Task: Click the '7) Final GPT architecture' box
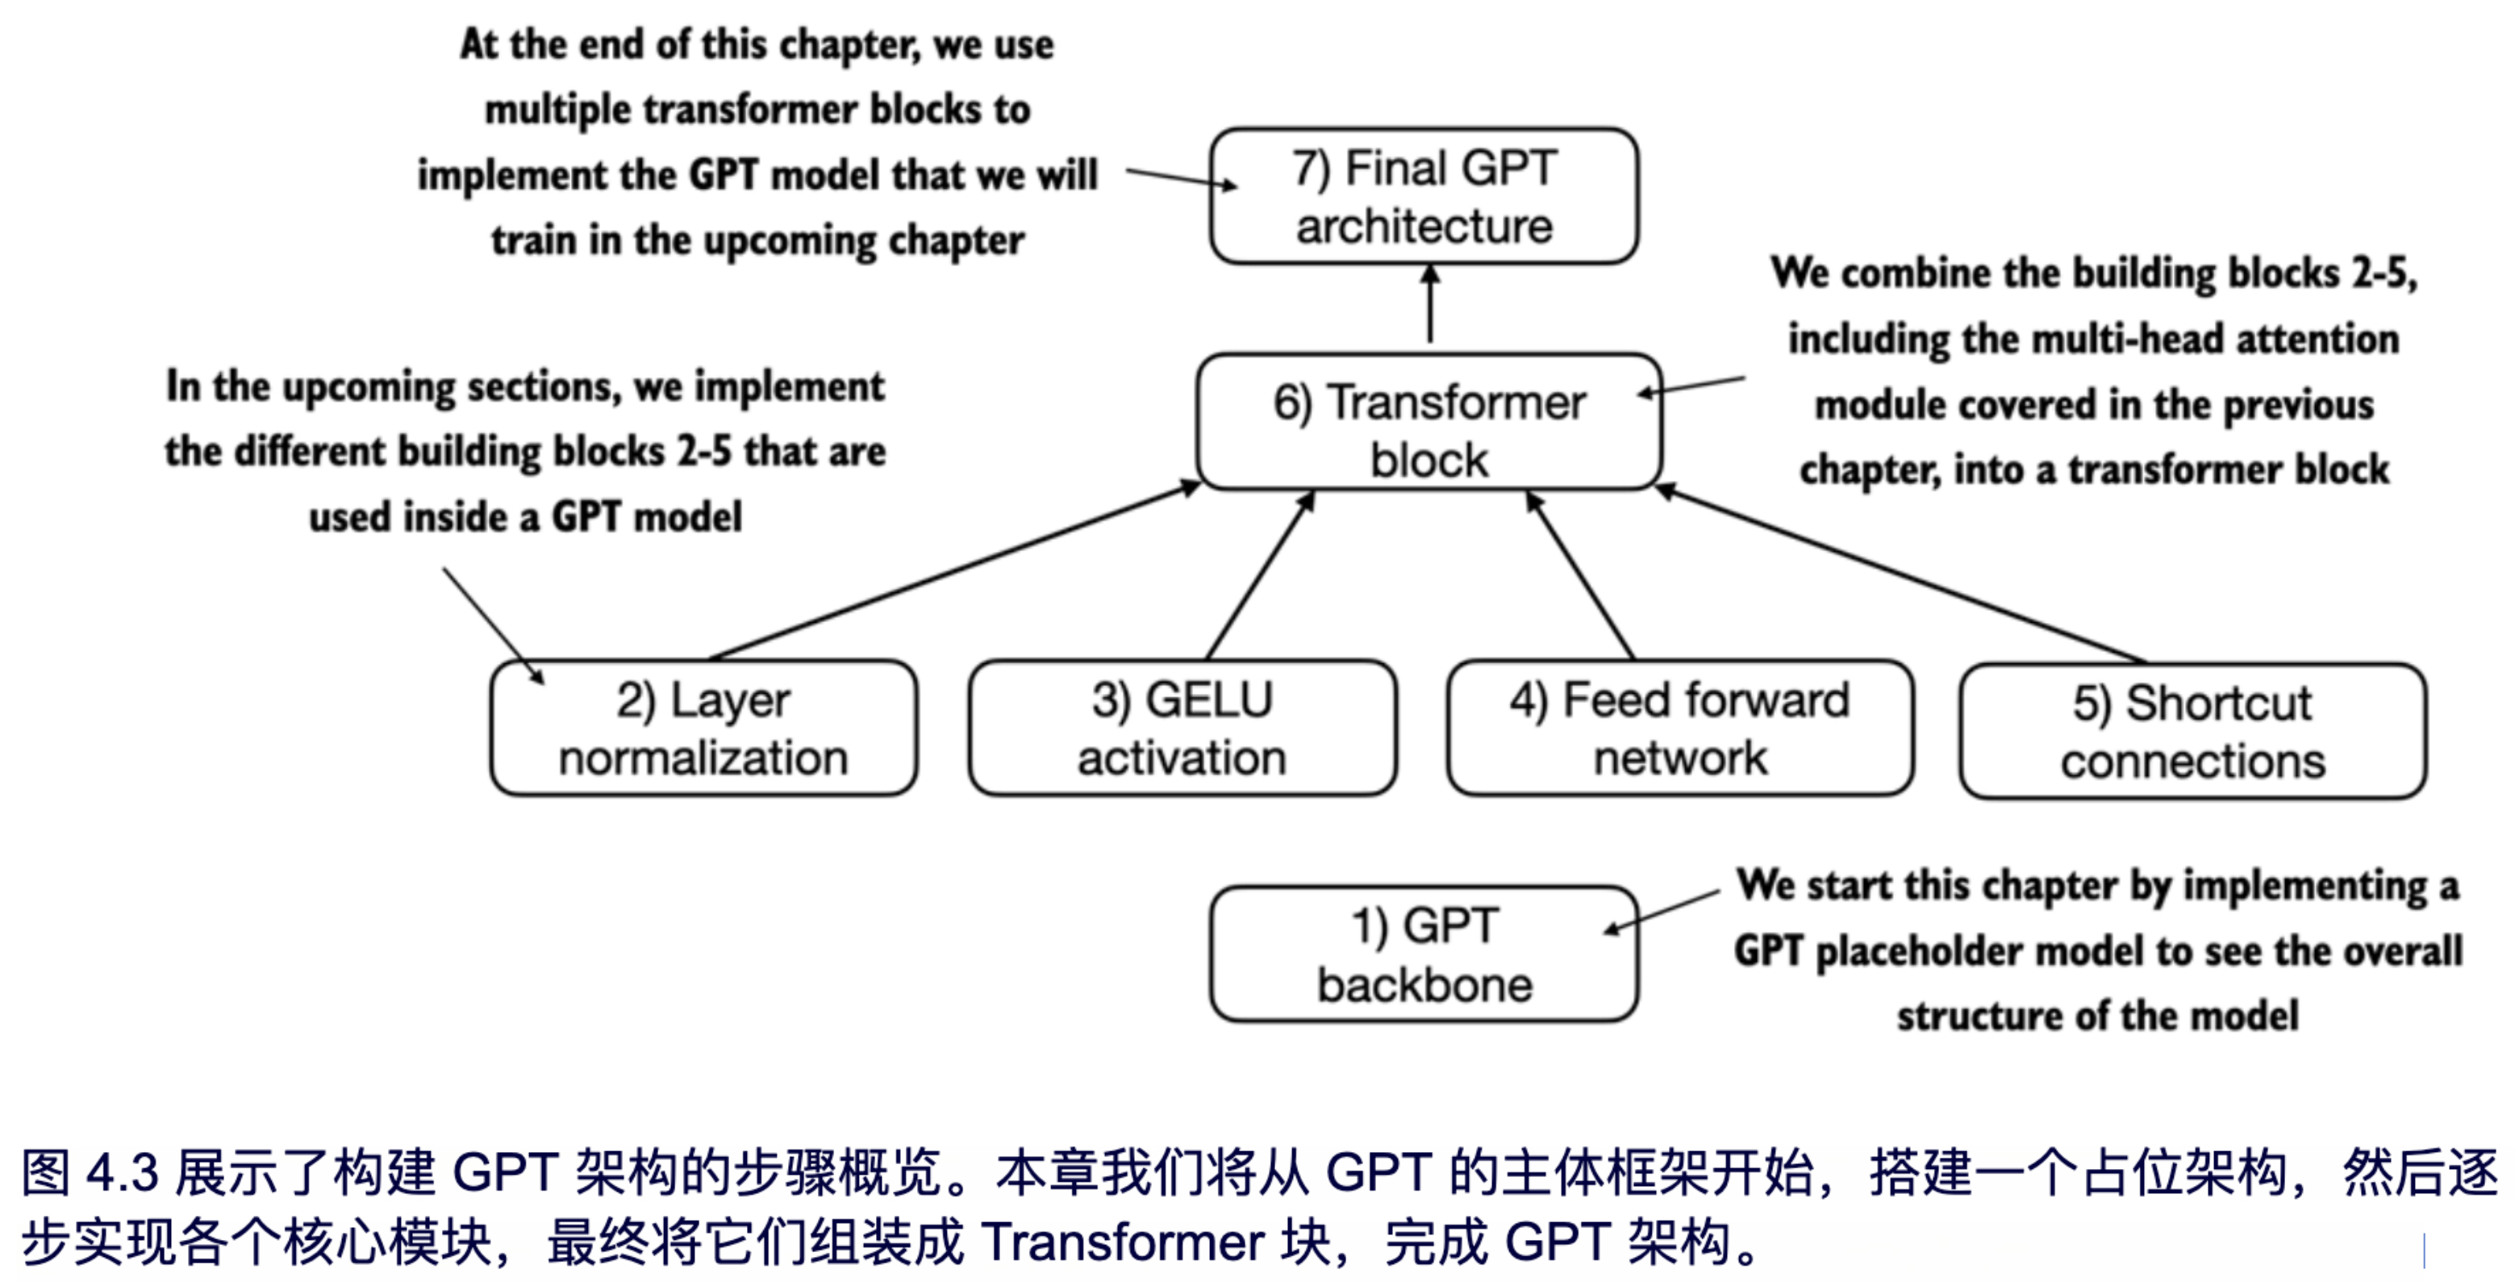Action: coord(1424,196)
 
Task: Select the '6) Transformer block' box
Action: coord(1429,422)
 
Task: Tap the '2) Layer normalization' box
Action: coord(703,729)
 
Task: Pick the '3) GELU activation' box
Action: coord(1182,729)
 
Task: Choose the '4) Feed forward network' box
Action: coord(1679,729)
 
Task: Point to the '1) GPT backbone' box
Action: coord(1424,954)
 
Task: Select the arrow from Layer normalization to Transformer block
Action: coord(952,571)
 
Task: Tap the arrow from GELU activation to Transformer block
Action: coord(1259,576)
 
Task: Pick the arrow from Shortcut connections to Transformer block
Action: coord(1904,576)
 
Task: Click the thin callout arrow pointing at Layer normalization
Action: coord(493,625)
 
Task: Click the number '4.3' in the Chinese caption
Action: coord(122,1171)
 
